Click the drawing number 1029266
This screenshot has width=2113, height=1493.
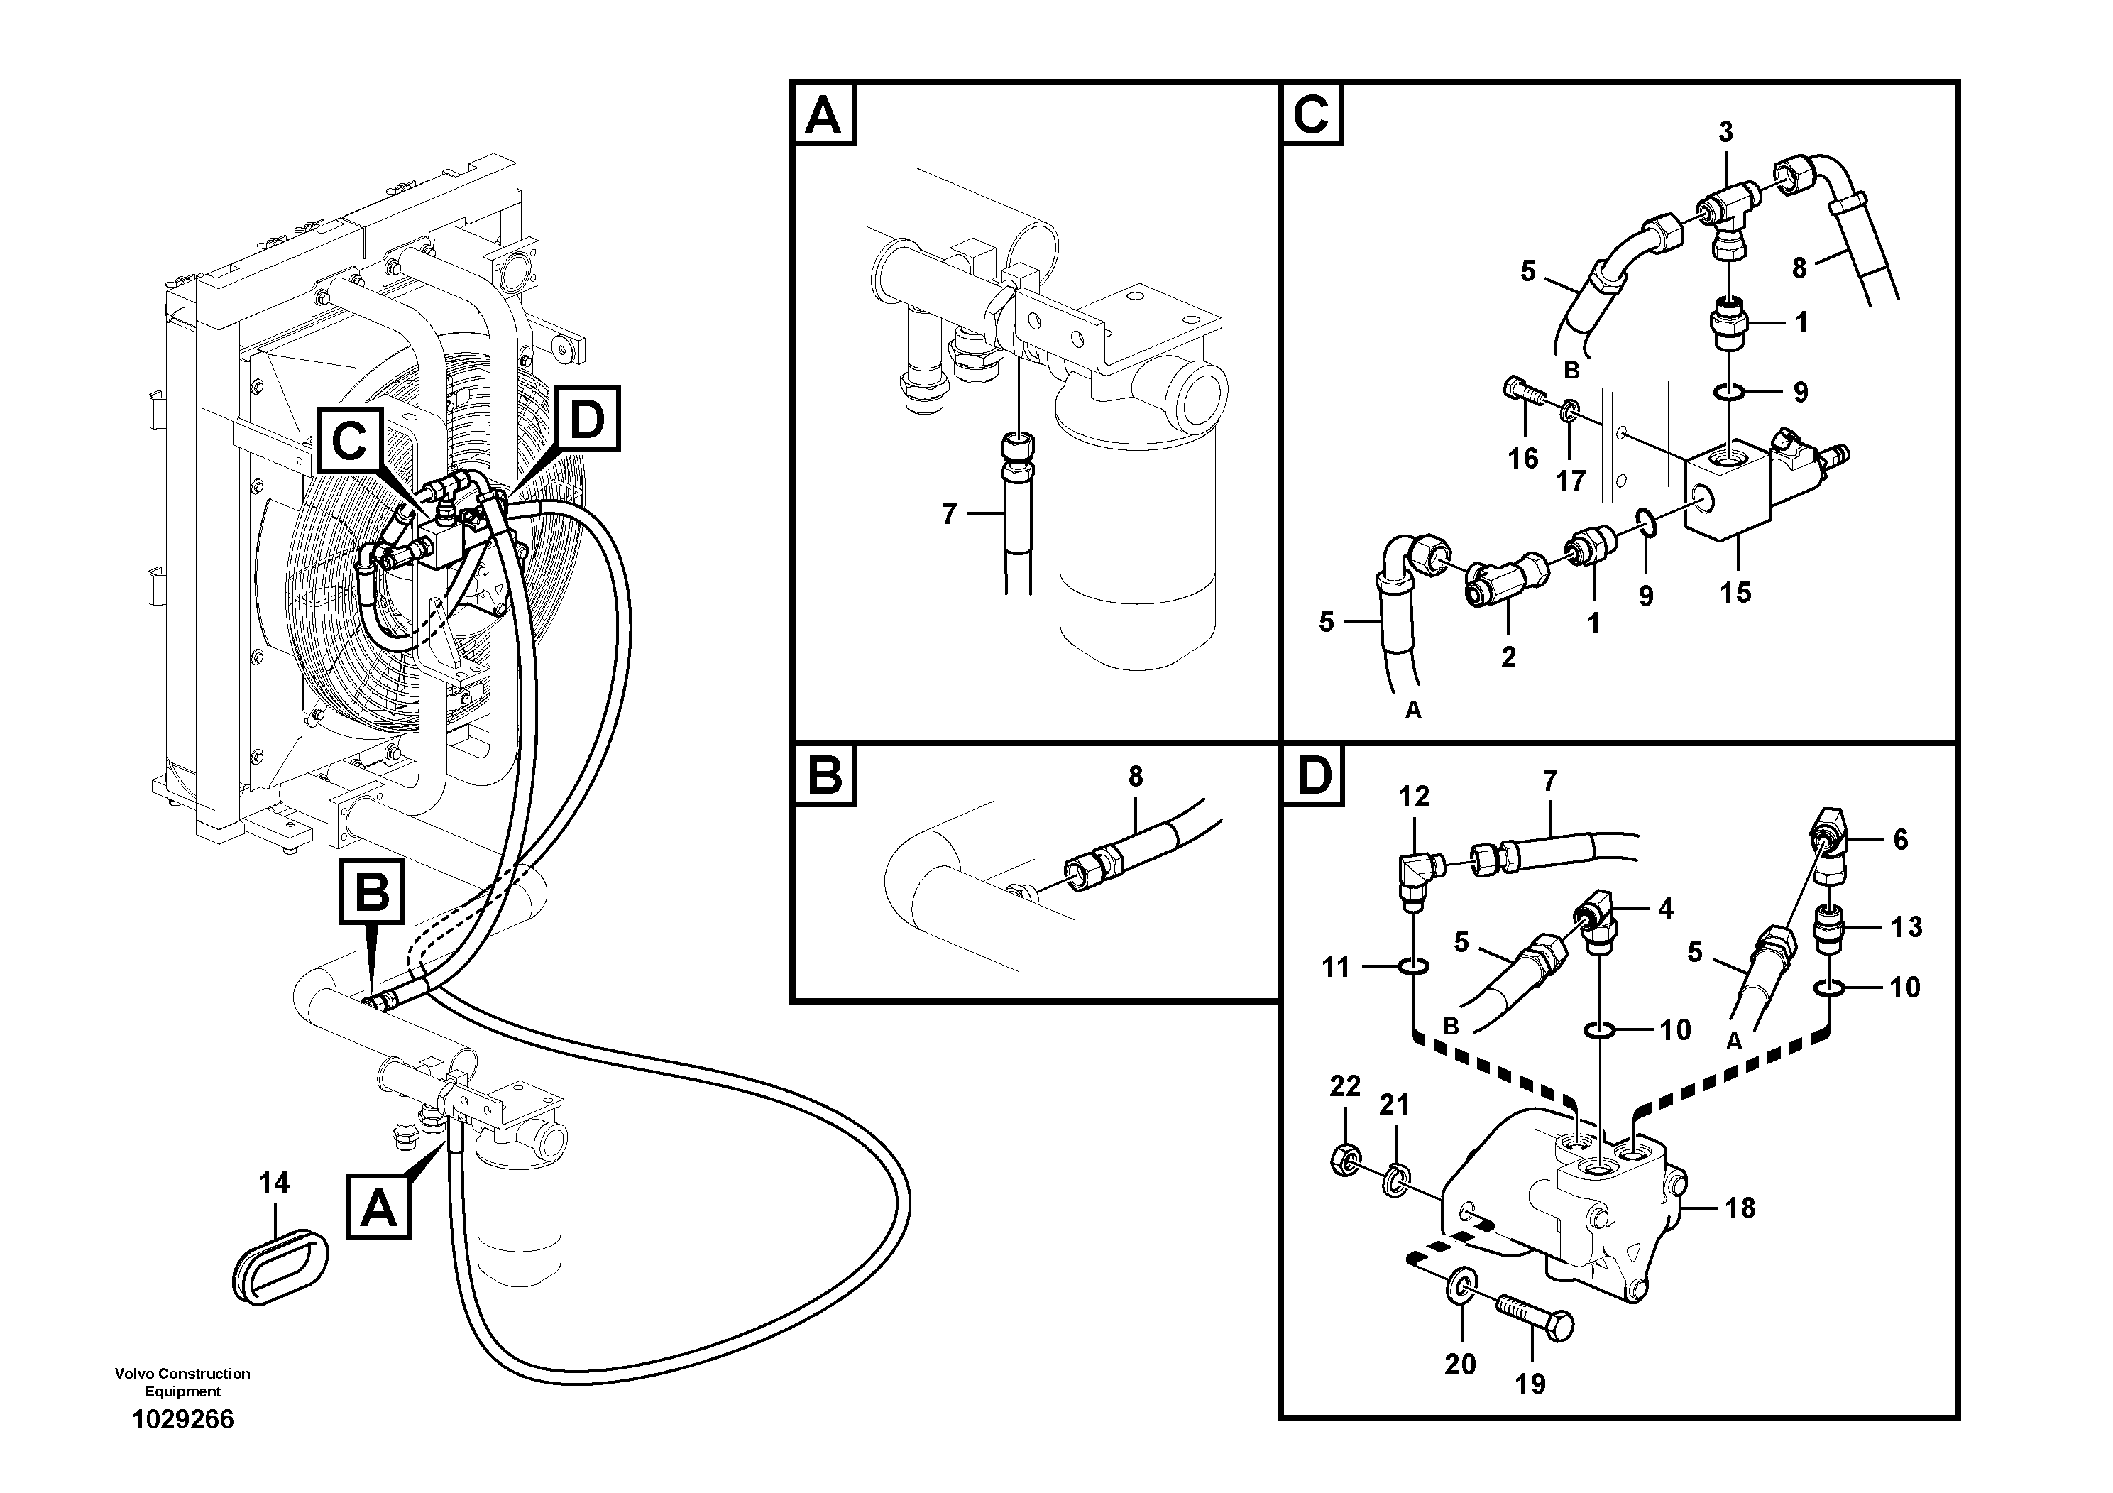click(183, 1419)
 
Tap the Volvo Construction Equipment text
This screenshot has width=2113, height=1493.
click(182, 1382)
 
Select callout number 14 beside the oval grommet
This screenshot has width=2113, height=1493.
click(274, 1183)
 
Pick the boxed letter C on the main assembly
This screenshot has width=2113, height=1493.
click(350, 442)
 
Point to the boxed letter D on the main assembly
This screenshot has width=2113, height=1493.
click(587, 420)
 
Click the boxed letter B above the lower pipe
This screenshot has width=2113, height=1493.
click(372, 890)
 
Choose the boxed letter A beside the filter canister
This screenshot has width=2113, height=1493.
click(378, 1208)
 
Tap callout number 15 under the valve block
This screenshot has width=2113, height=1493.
click(1735, 592)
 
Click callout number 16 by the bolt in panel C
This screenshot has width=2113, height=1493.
click(1523, 457)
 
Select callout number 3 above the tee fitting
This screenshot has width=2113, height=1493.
click(1725, 133)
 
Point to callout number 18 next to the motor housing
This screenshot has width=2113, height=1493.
click(1740, 1208)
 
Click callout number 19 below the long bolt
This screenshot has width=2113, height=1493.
click(1530, 1384)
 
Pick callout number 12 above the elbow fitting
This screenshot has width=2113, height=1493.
click(1415, 797)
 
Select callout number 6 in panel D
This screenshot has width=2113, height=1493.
click(1900, 839)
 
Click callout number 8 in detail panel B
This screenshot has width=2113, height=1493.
click(1136, 777)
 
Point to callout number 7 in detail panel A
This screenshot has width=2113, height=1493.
click(950, 513)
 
